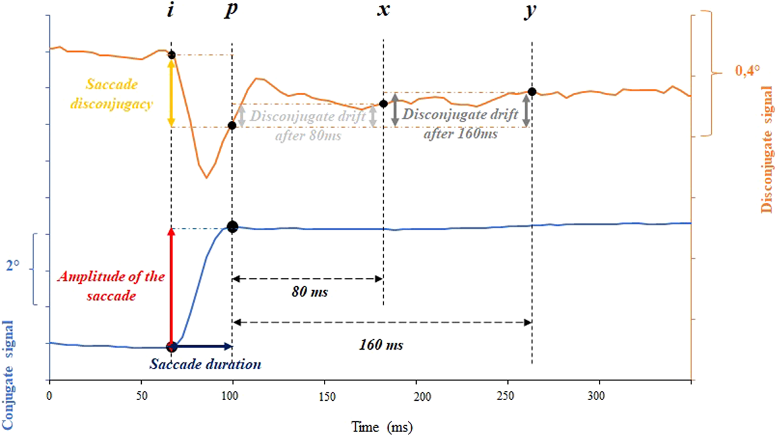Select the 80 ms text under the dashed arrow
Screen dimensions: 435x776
(x=309, y=291)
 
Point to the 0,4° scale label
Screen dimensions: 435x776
(x=747, y=72)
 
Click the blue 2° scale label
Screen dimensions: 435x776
(x=13, y=266)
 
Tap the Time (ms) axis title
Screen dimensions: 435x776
(x=381, y=426)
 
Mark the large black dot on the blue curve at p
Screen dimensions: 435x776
(x=232, y=227)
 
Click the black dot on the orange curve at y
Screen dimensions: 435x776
(x=532, y=92)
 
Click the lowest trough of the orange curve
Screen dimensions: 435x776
(x=206, y=177)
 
